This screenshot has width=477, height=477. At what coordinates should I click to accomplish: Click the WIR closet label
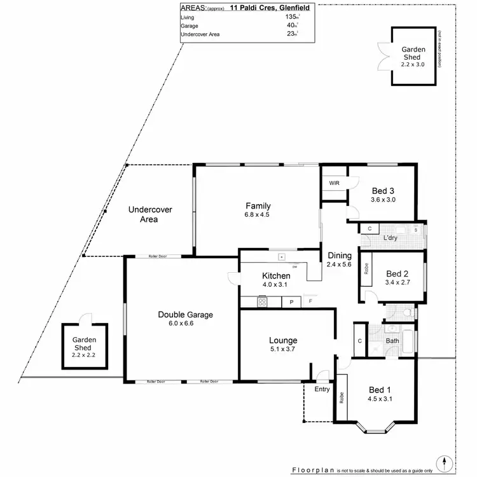(334, 183)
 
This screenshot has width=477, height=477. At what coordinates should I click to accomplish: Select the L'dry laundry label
(391, 238)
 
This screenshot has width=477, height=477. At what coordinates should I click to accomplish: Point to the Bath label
(392, 341)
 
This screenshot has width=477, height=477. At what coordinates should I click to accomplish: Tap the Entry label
(322, 389)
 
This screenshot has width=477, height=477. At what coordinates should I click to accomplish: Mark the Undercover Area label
(149, 214)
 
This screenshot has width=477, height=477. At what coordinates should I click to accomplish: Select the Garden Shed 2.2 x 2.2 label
(83, 344)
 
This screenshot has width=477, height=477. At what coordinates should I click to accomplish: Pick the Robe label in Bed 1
(342, 398)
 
